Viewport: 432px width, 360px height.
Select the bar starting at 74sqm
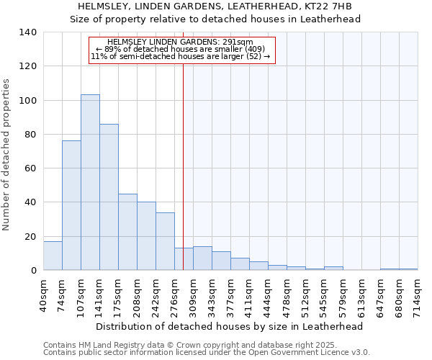[71, 205]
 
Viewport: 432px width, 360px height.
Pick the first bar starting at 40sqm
[53, 256]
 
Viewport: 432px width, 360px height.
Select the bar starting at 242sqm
[165, 241]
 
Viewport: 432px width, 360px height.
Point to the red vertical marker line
[184, 166]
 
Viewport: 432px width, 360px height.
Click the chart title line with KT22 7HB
[215, 7]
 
